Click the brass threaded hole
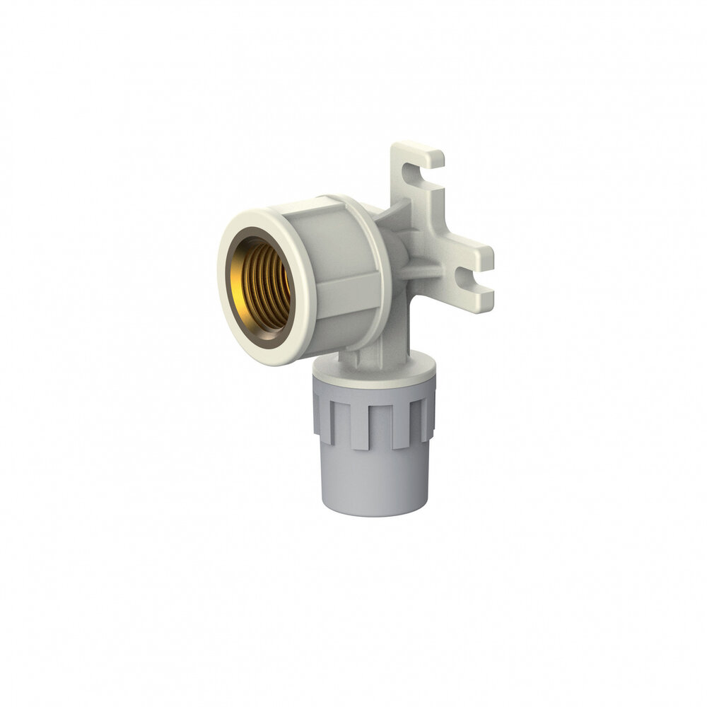click(x=263, y=286)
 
